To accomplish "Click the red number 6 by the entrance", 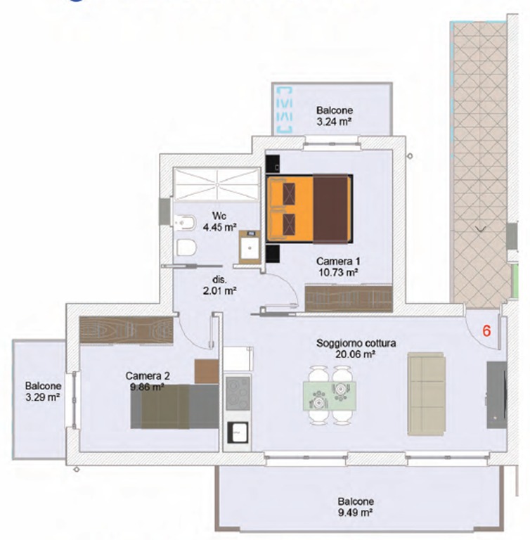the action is click(x=486, y=330).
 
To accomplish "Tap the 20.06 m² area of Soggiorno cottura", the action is click(x=355, y=354).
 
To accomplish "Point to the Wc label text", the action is click(x=219, y=216).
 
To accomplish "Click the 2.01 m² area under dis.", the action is click(x=220, y=291).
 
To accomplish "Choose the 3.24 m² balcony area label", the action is click(x=334, y=122).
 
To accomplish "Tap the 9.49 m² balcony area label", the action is click(x=356, y=513).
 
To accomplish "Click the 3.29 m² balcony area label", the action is click(x=43, y=397).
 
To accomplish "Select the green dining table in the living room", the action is click(x=329, y=395).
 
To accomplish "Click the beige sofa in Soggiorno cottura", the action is click(x=427, y=393).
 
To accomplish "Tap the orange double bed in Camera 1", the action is click(x=309, y=209).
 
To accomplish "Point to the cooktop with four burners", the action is click(x=238, y=393).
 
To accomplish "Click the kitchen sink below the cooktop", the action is click(x=238, y=432).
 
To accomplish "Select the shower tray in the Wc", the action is click(x=216, y=184).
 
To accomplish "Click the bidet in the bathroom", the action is click(x=185, y=223).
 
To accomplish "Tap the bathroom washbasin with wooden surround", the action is click(x=250, y=247).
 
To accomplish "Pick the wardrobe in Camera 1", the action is click(x=349, y=298).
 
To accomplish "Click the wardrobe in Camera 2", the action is click(x=126, y=330).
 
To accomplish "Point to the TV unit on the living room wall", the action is click(x=496, y=394).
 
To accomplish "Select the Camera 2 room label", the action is click(x=148, y=375).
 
